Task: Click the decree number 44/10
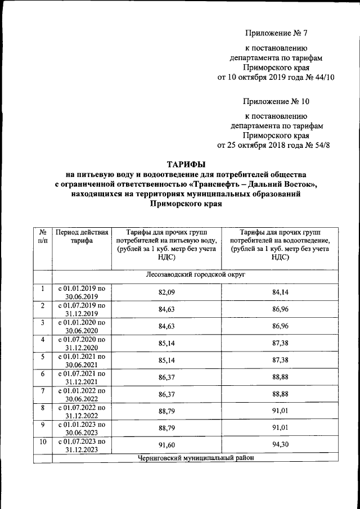[323, 78]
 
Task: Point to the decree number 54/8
[326, 145]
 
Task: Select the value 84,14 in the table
[280, 292]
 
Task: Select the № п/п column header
[42, 236]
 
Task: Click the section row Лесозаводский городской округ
[195, 275]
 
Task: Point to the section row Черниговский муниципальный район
[195, 458]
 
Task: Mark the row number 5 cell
[42, 357]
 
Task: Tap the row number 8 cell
[42, 407]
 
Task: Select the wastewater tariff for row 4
[280, 344]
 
